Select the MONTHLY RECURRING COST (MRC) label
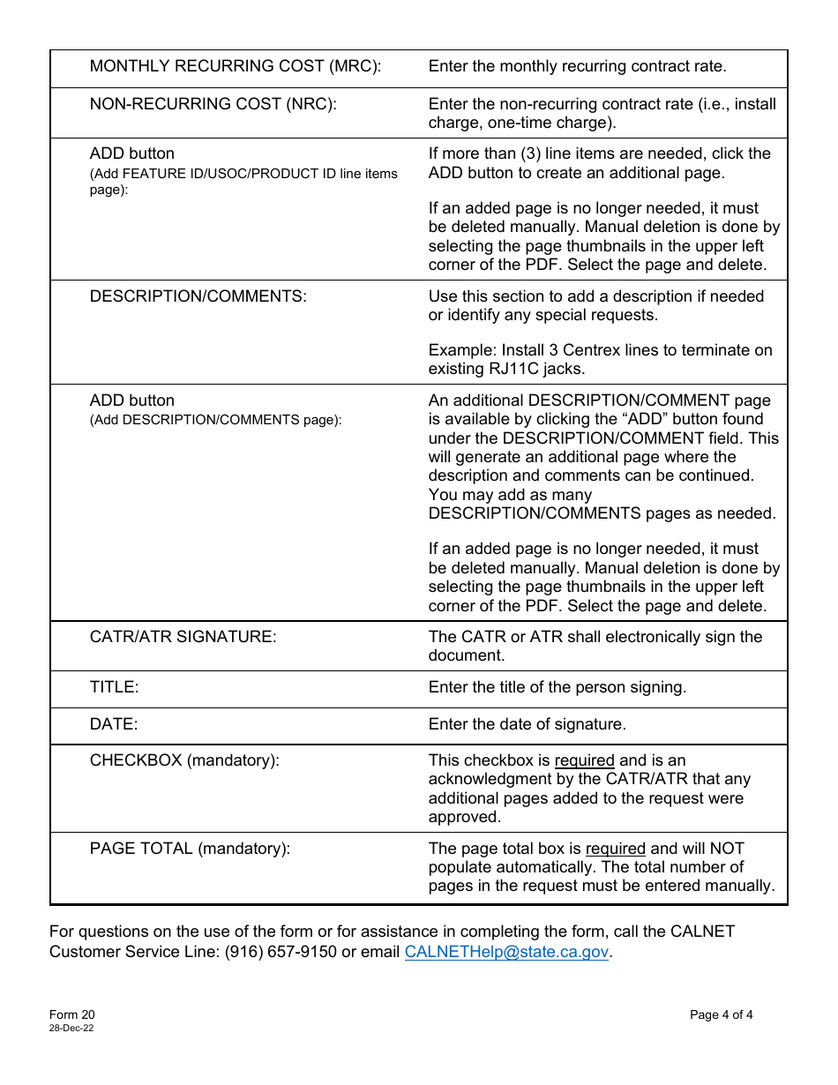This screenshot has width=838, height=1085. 236,66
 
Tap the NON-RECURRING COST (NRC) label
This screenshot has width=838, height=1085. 213,103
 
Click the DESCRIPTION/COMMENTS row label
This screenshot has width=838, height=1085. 198,296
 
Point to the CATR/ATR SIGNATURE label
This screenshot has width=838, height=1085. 183,637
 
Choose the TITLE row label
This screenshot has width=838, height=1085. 114,687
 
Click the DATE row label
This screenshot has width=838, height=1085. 114,724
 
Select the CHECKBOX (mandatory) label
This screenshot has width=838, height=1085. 184,760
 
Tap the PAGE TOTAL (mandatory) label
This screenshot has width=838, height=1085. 190,849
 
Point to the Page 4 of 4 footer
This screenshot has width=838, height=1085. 721,1014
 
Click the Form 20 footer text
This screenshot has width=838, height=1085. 71,1014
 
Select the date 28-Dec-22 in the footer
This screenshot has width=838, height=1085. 71,1029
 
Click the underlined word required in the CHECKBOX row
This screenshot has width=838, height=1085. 584,760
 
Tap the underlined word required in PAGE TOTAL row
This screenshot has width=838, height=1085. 615,849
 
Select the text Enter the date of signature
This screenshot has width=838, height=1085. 527,724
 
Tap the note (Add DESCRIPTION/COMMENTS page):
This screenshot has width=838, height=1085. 215,420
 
